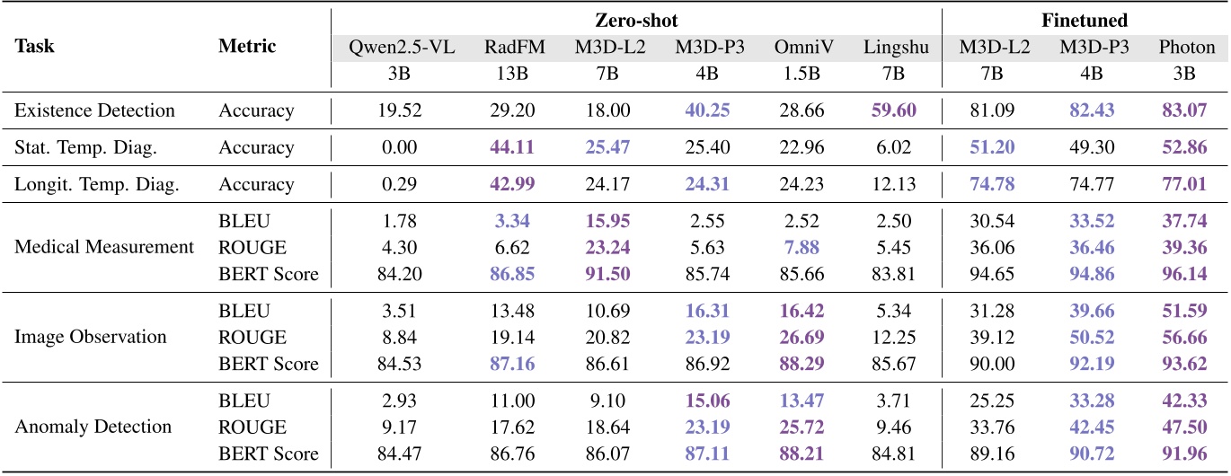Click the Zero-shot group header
pos(635,20)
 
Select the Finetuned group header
pos(1085,20)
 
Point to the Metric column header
pos(247,47)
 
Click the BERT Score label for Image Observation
pos(269,364)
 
